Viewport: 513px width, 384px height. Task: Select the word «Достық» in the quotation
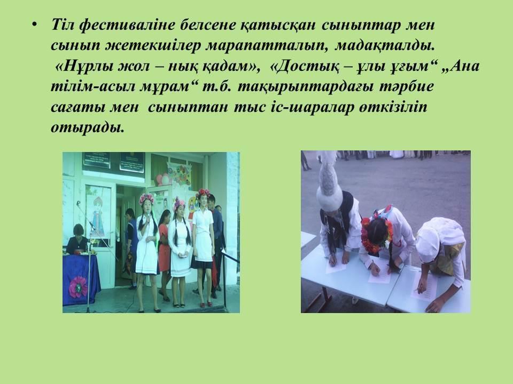[307, 66]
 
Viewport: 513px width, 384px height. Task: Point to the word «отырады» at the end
[88, 127]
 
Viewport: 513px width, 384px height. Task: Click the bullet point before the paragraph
[34, 25]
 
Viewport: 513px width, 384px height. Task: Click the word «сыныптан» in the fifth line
[188, 107]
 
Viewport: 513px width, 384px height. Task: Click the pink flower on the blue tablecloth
[78, 287]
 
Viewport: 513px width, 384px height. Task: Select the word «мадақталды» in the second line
[385, 45]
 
